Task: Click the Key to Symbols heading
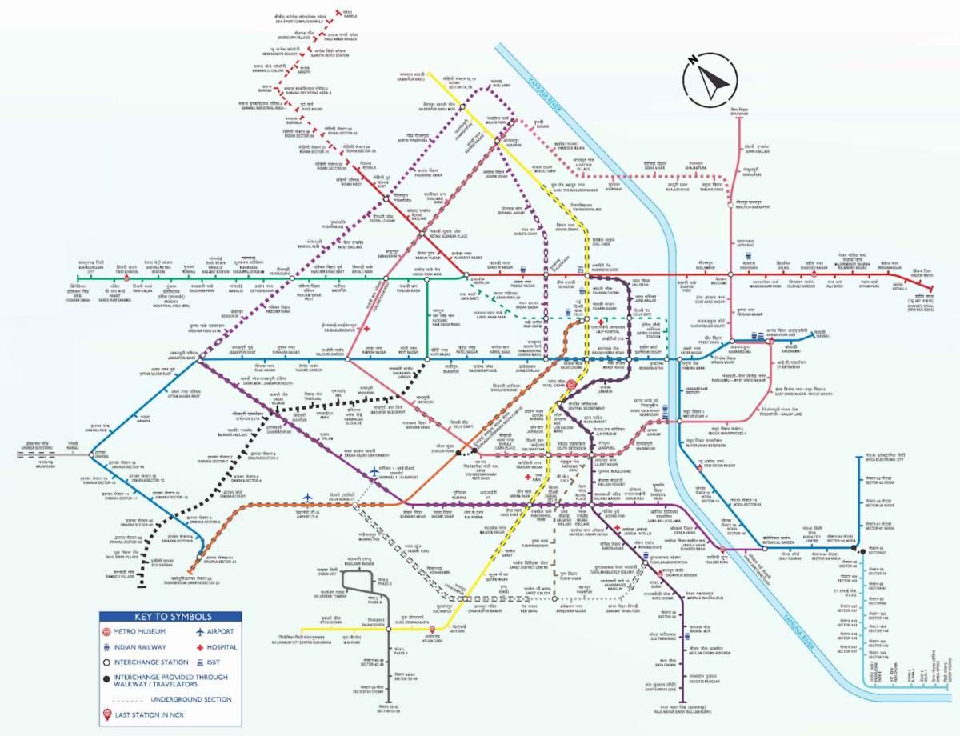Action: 171,617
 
